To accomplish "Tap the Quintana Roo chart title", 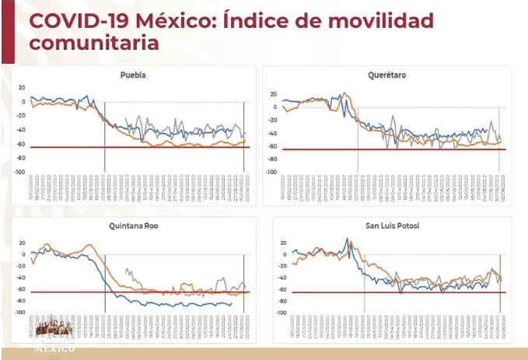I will click(x=134, y=226).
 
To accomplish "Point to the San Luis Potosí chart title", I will click(x=386, y=226).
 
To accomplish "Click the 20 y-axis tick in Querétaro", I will click(x=274, y=94).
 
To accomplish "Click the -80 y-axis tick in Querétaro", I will click(x=272, y=159).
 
